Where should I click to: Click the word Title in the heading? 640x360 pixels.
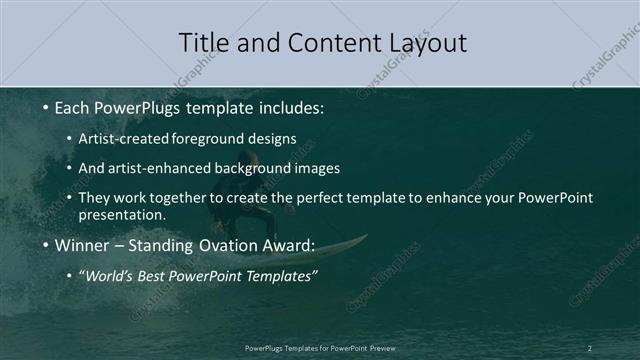point(202,43)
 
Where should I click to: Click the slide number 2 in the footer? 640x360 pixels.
point(590,347)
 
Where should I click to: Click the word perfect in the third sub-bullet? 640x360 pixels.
point(346,197)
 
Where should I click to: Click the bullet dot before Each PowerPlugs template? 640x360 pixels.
point(45,106)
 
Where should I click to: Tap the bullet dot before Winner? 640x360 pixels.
point(45,245)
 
